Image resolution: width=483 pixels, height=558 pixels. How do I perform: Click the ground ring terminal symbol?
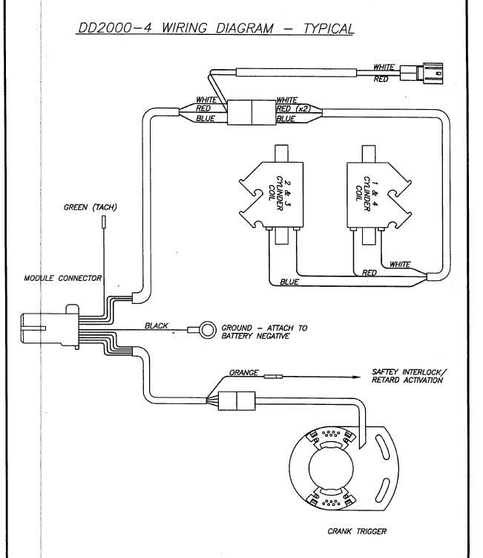[206, 328]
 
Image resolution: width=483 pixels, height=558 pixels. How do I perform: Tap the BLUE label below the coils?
[290, 283]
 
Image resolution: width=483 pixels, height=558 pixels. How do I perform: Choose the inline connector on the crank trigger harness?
[235, 401]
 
